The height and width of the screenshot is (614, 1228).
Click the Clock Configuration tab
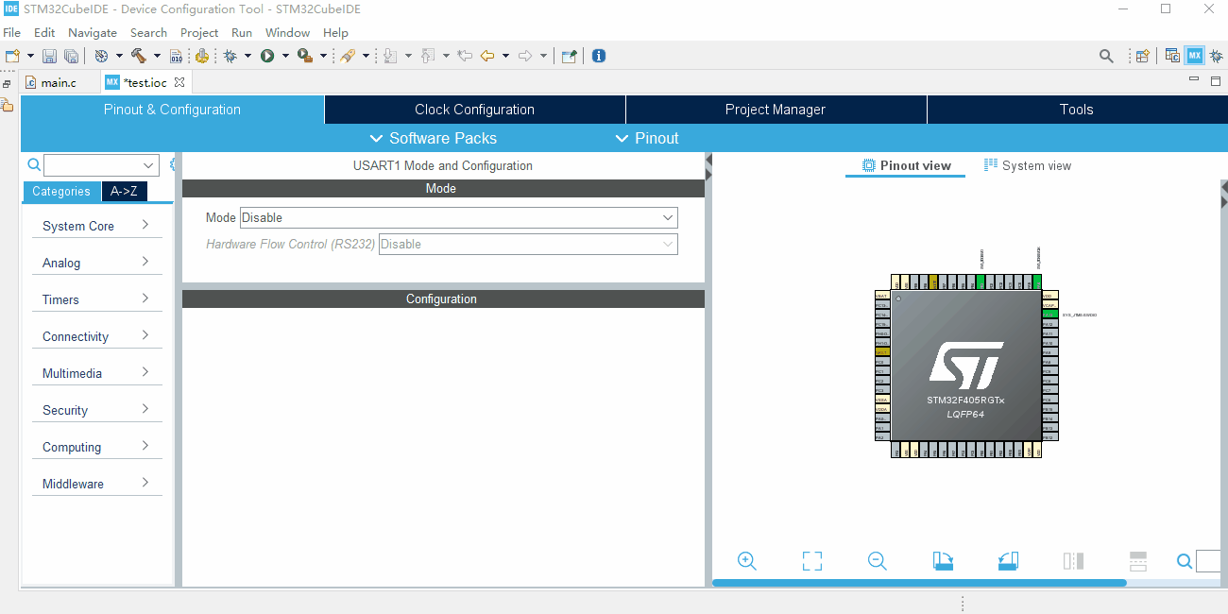click(474, 110)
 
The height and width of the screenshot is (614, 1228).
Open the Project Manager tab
click(775, 110)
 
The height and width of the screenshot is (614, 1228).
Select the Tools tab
click(1076, 110)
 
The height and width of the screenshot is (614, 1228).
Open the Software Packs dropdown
click(434, 138)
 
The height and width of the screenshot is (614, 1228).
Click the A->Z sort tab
click(124, 191)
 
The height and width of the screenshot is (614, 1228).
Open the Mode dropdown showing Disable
click(458, 217)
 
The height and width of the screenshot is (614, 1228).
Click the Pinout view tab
click(906, 165)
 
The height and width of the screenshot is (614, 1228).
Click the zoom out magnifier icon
click(877, 561)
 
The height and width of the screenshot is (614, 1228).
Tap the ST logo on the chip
click(965, 365)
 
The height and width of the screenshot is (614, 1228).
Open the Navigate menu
click(92, 32)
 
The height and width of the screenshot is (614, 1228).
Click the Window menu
click(287, 32)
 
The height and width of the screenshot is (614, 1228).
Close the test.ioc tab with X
click(179, 82)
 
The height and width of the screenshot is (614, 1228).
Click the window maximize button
click(1166, 9)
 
